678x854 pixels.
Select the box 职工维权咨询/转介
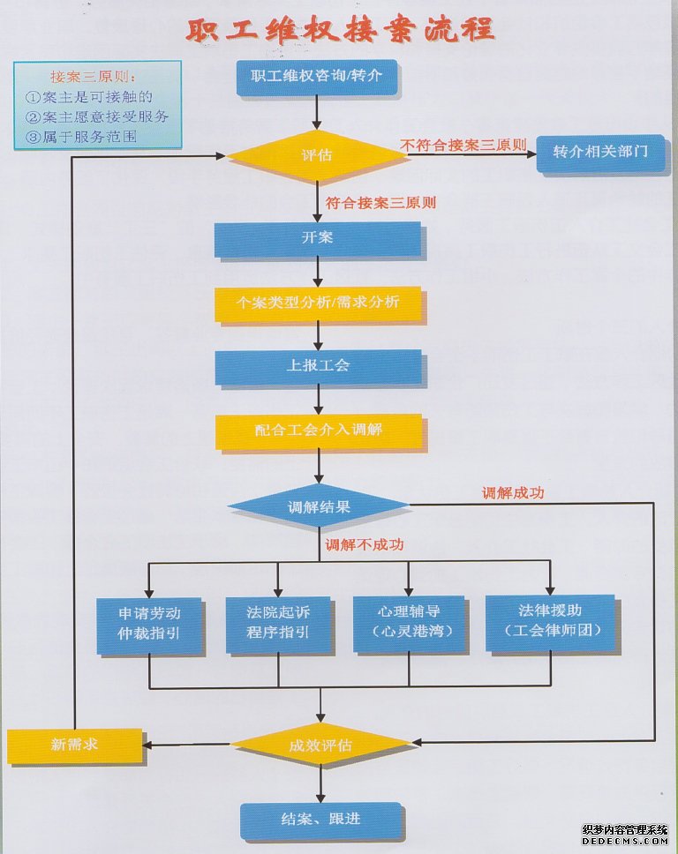(317, 76)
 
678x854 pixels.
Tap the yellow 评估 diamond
(317, 155)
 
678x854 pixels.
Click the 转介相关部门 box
(599, 152)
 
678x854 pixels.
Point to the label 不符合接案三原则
(463, 144)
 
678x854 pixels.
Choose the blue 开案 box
(317, 238)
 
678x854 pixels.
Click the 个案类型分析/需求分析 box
(318, 303)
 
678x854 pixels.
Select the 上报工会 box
(318, 365)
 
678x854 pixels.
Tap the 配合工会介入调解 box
(318, 431)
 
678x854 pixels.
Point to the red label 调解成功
(512, 493)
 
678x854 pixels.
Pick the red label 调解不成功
(364, 545)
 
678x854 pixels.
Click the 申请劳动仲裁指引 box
(149, 624)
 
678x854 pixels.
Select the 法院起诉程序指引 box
(278, 624)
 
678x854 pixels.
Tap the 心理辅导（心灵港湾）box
(408, 624)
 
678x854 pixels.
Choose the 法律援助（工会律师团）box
(549, 622)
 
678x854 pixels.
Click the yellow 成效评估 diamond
(320, 745)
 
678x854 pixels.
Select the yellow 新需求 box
(74, 745)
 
